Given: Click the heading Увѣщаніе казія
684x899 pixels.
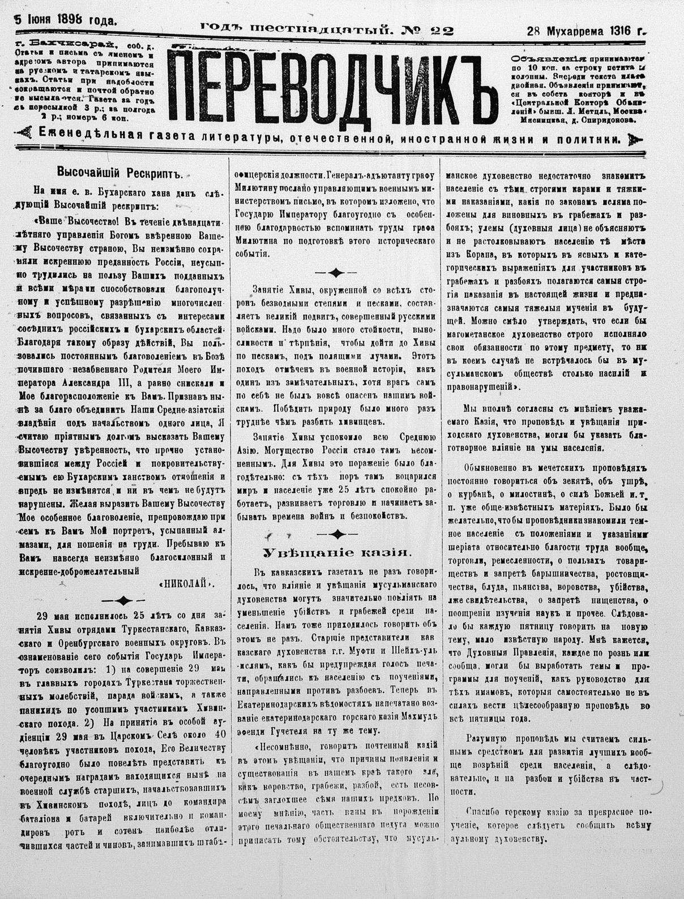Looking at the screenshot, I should click(336, 553).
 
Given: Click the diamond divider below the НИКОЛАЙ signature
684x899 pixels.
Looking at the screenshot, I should click(123, 601).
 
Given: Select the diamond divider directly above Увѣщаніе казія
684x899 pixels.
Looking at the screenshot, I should click(337, 534).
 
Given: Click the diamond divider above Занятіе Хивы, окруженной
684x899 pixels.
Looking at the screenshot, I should click(336, 273).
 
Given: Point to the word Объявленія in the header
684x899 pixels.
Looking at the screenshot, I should click(540, 58).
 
